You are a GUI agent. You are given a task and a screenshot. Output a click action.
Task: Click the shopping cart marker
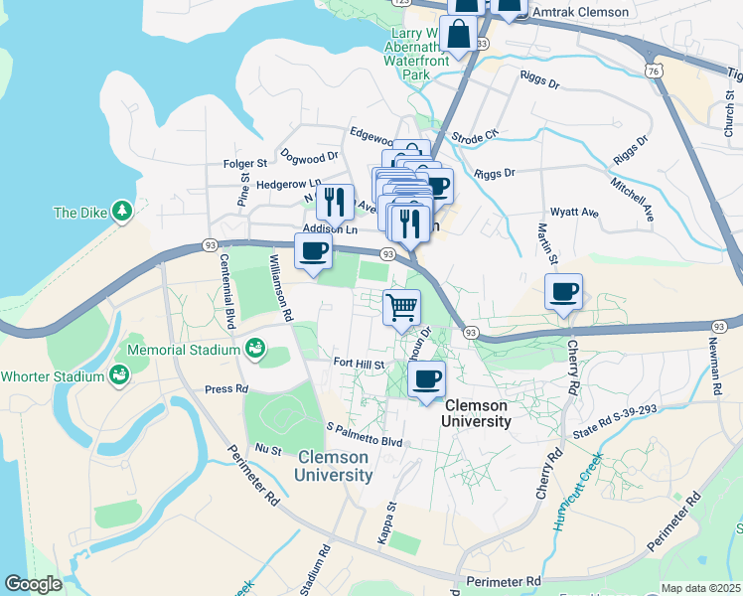tap(401, 307)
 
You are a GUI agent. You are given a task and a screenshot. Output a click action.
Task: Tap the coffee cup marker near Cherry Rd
tap(563, 292)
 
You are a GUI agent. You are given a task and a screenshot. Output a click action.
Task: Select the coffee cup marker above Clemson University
tap(427, 378)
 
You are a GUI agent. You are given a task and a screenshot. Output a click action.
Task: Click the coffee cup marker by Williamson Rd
tap(314, 250)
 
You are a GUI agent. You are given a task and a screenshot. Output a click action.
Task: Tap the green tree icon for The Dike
tap(121, 211)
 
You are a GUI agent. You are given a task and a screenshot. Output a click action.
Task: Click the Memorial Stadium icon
tap(254, 349)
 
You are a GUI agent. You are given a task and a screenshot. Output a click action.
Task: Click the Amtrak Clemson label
tap(581, 12)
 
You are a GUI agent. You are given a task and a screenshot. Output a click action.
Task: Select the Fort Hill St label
tap(359, 365)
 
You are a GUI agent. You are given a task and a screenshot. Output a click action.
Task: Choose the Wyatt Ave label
tap(575, 213)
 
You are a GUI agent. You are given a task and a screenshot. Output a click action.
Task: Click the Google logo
tap(33, 585)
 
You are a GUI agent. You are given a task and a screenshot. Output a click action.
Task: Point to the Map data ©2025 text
tap(699, 588)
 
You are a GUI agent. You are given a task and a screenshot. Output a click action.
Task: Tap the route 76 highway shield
tap(652, 72)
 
